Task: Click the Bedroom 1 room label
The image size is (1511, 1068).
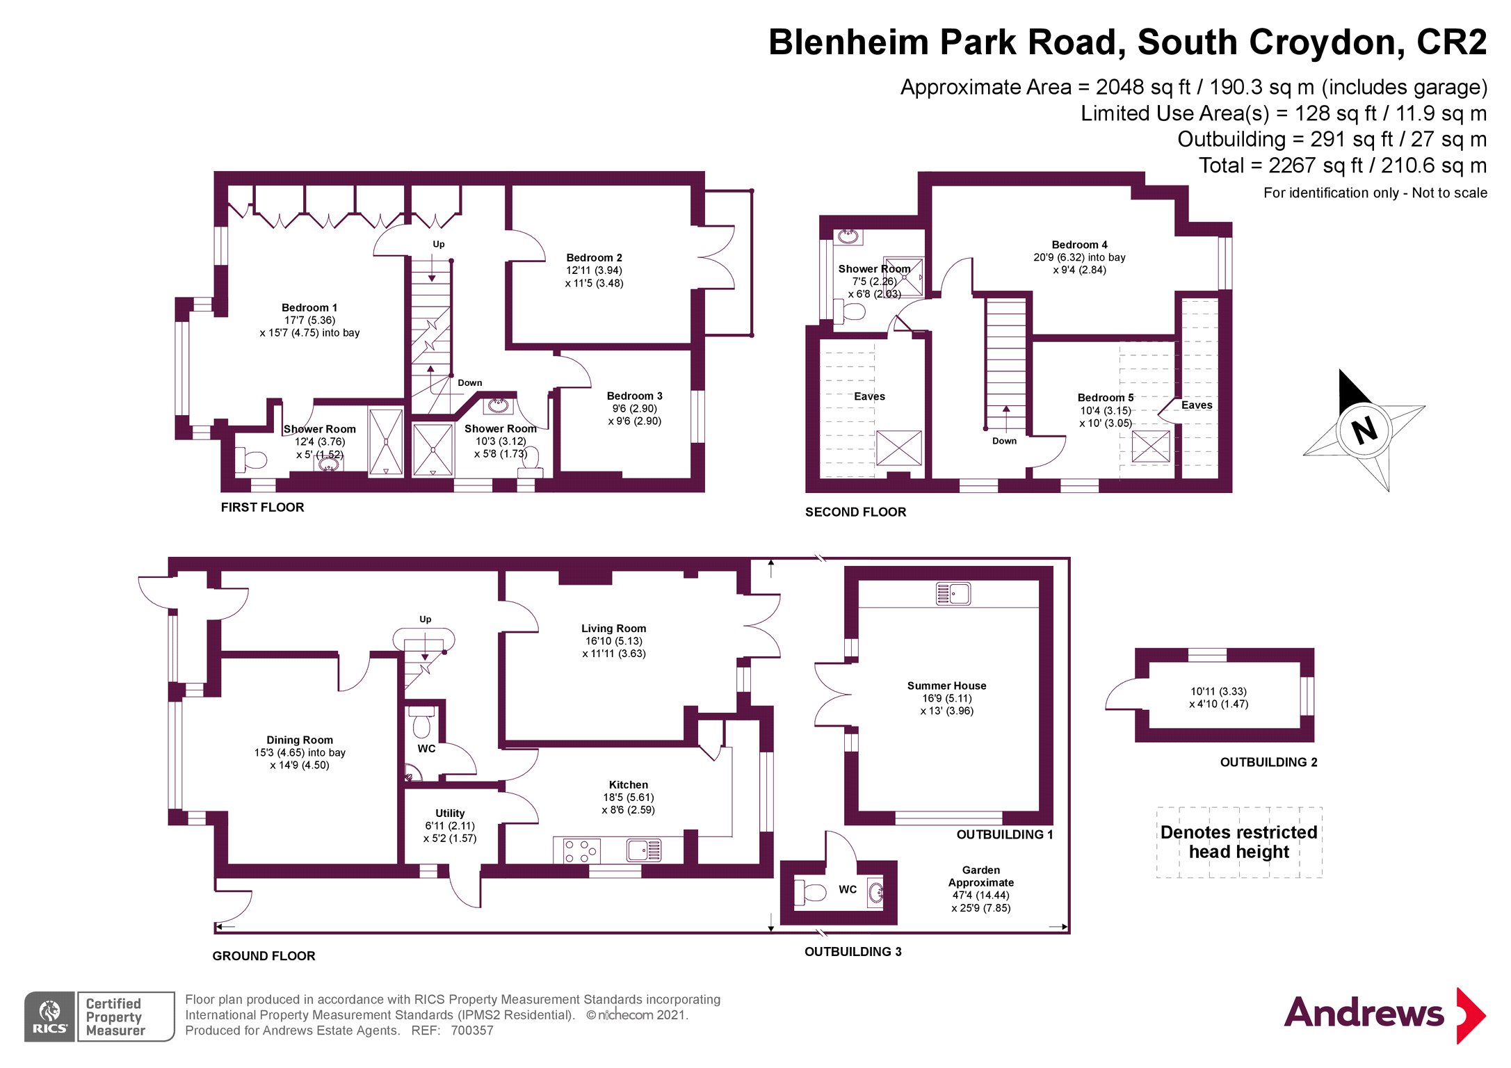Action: [x=309, y=307]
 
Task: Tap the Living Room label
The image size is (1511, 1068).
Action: [x=613, y=628]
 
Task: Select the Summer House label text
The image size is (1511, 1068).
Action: [x=946, y=686]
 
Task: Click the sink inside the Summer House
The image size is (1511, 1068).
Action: [x=953, y=594]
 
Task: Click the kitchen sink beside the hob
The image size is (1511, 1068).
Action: [x=643, y=850]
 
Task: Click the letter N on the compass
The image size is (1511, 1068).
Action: [x=1364, y=430]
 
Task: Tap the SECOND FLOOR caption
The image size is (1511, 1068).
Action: [x=855, y=512]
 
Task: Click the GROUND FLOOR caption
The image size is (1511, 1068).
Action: [x=264, y=956]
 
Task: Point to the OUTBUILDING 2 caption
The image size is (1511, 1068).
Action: [x=1268, y=762]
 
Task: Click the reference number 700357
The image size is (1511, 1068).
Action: [x=472, y=1030]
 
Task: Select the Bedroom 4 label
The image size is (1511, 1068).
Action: [x=1079, y=245]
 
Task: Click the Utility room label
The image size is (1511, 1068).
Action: [x=450, y=813]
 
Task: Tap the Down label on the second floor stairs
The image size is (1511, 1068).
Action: [x=1004, y=441]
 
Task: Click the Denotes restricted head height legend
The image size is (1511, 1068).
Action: [x=1238, y=842]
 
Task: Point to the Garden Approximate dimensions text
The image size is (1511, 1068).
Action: [x=980, y=889]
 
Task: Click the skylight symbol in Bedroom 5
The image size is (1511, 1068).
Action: [x=1150, y=446]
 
